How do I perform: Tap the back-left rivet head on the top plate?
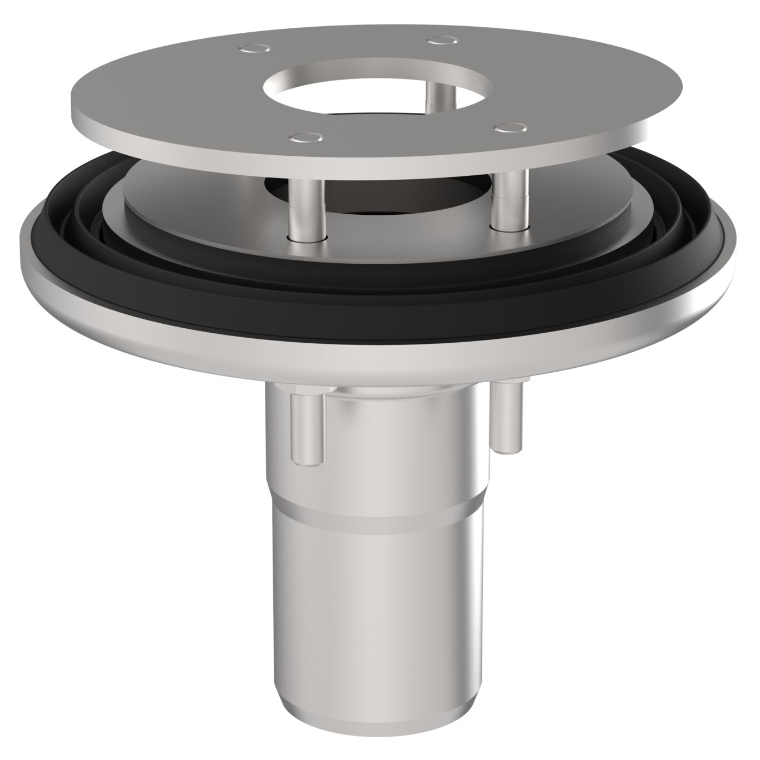click(251, 50)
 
